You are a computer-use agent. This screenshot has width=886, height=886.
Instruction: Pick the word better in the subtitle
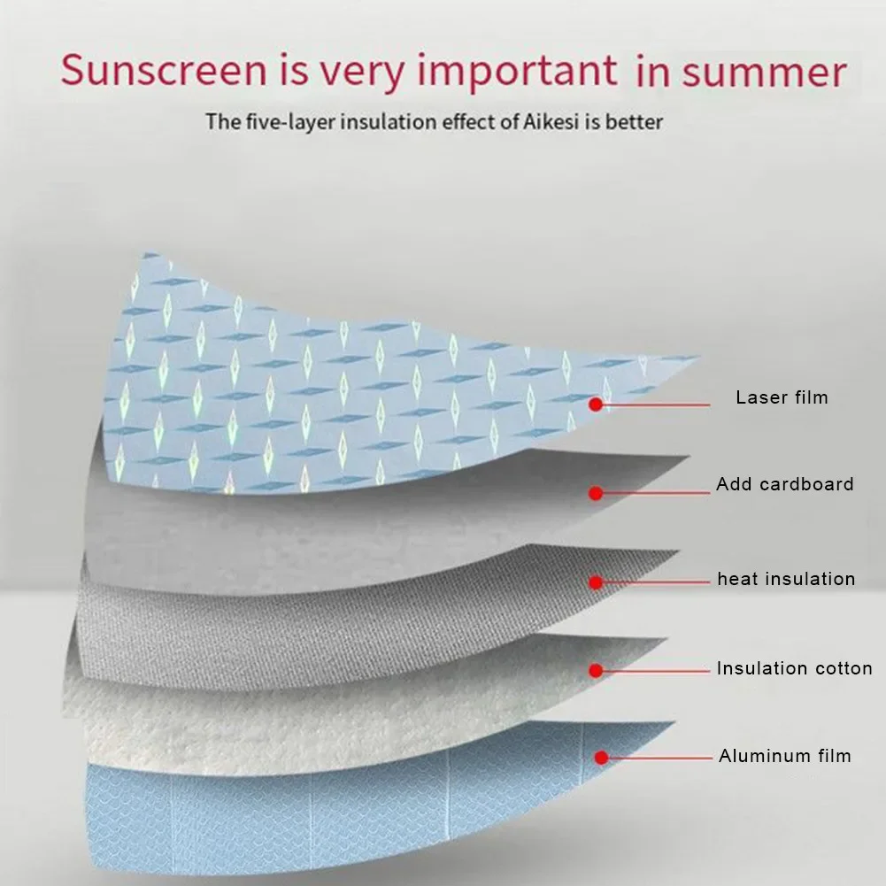[x=632, y=121]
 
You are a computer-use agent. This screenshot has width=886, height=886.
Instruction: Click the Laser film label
[x=782, y=397]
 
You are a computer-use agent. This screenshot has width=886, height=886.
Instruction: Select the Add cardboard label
[x=785, y=484]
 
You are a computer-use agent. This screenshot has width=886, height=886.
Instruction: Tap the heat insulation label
[x=786, y=580]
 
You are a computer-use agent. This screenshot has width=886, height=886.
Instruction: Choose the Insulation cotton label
[x=794, y=668]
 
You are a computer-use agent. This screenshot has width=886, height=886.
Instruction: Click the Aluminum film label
[x=784, y=756]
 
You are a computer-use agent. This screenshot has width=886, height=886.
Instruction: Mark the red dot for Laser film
[x=597, y=404]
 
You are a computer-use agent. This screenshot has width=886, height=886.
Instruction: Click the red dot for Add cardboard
[x=597, y=493]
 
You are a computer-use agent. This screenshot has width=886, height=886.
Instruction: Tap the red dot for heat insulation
[x=597, y=582]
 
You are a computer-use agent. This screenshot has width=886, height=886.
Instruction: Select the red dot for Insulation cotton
[x=597, y=670]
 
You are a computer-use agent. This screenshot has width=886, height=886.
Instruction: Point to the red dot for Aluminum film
[x=601, y=759]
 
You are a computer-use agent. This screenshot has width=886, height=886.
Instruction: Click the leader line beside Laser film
[x=655, y=404]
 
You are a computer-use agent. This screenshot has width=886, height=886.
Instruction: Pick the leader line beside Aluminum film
[x=659, y=759]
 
